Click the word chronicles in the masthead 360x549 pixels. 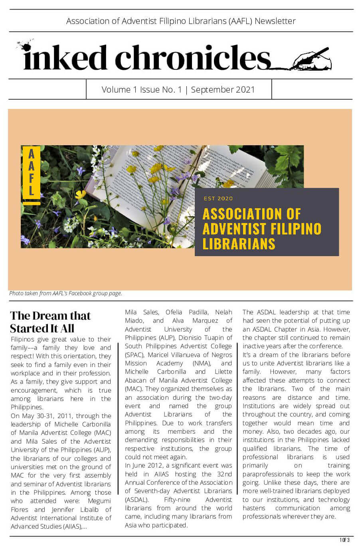[x=193, y=57]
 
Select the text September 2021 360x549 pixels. [x=223, y=89]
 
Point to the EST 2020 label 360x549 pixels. [x=218, y=198]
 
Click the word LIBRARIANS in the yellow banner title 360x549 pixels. [x=239, y=244]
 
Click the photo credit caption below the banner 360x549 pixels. [x=65, y=293]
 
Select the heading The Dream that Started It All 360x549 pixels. [x=50, y=322]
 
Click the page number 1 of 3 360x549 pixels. [x=344, y=540]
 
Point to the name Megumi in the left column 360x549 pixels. [x=99, y=501]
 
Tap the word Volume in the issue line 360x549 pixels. [x=116, y=89]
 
